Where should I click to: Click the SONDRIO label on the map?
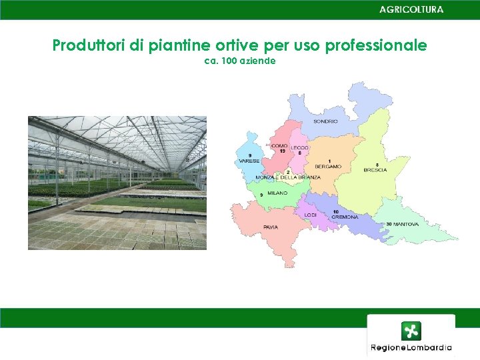pyautogui.click(x=325, y=121)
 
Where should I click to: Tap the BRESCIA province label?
pyautogui.click(x=375, y=170)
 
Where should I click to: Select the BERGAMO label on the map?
pyautogui.click(x=328, y=166)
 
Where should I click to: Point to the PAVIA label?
pyautogui.click(x=271, y=227)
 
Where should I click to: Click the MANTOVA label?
pyautogui.click(x=406, y=225)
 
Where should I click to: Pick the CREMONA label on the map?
pyautogui.click(x=345, y=217)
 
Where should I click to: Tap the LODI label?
pyautogui.click(x=311, y=215)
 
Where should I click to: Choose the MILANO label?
pyautogui.click(x=277, y=193)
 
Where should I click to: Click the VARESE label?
pyautogui.click(x=249, y=161)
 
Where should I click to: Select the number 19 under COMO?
pyautogui.click(x=283, y=151)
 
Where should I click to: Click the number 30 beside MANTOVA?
pyautogui.click(x=389, y=225)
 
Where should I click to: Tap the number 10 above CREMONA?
pyautogui.click(x=336, y=212)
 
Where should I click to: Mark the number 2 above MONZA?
pyautogui.click(x=288, y=172)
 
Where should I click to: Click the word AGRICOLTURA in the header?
pyautogui.click(x=411, y=9)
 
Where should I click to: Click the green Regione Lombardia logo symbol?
pyautogui.click(x=411, y=331)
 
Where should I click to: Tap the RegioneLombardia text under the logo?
pyautogui.click(x=411, y=347)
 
